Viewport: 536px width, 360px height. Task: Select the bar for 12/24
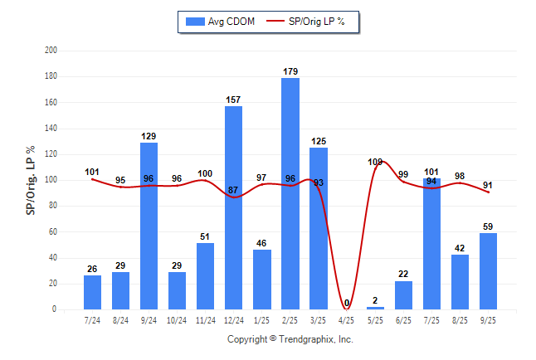pyautogui.click(x=234, y=207)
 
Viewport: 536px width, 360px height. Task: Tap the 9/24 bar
pyautogui.click(x=149, y=226)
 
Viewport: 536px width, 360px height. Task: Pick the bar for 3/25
pyautogui.click(x=319, y=228)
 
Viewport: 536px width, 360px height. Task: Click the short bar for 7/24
pyautogui.click(x=92, y=292)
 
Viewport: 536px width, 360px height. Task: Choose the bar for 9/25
pyautogui.click(x=489, y=271)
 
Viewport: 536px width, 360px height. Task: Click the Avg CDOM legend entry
pyautogui.click(x=221, y=22)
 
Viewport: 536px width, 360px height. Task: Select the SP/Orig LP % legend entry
pyautogui.click(x=311, y=22)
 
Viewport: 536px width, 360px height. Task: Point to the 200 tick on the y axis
pyautogui.click(x=51, y=51)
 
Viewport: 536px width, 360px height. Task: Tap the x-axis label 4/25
pyautogui.click(x=347, y=319)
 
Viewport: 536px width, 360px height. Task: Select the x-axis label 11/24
pyautogui.click(x=205, y=319)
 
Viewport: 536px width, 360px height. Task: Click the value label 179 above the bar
pyautogui.click(x=290, y=71)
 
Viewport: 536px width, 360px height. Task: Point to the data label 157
pyautogui.click(x=234, y=100)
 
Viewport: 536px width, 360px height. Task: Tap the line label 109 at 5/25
pyautogui.click(x=375, y=162)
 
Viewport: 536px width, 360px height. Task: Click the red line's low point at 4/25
pyautogui.click(x=347, y=309)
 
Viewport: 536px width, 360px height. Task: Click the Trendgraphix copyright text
pyautogui.click(x=290, y=339)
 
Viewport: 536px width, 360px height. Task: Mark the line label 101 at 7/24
pyautogui.click(x=92, y=173)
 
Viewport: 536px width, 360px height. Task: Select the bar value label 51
pyautogui.click(x=205, y=236)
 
